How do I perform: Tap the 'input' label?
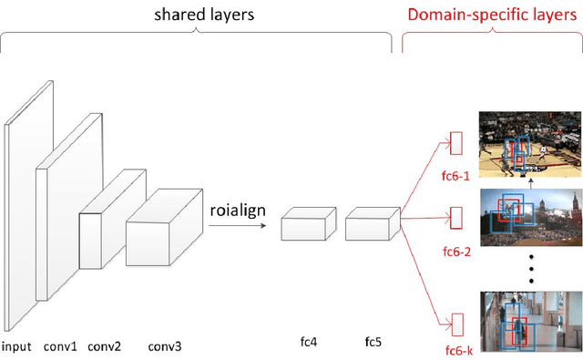coord(16,346)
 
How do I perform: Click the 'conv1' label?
coord(60,346)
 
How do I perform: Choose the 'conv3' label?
coord(165,346)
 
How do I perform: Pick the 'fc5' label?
coord(372,343)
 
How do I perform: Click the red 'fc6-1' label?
coord(455,178)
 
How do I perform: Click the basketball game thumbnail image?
coord(528,144)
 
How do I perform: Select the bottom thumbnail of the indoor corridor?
coord(528,321)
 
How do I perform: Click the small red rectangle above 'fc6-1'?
coord(456,144)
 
